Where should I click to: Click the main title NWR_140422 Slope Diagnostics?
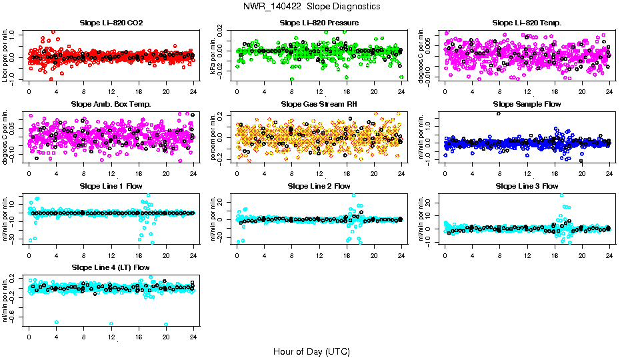click(312, 6)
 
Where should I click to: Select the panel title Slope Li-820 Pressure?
click(319, 23)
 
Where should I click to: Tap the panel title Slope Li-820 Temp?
click(527, 23)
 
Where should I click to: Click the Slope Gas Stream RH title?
click(319, 105)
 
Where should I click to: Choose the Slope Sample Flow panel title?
click(527, 105)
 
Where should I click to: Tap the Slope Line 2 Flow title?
click(319, 186)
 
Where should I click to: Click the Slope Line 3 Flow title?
click(527, 186)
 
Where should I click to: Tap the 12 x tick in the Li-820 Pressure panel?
click(319, 92)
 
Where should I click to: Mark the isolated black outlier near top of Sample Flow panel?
click(499, 114)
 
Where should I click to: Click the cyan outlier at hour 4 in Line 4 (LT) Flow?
click(57, 322)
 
